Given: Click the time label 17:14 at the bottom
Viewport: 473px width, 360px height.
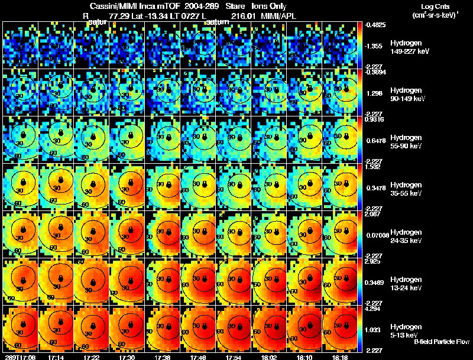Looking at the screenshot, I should pos(57,356).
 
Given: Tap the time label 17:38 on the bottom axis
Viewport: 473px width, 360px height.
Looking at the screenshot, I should pos(164,356).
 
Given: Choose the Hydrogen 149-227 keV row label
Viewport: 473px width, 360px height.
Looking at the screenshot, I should pos(409,47).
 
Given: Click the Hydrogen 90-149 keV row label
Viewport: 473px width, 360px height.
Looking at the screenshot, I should pos(408,95).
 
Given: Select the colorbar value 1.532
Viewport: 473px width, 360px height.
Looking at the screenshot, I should pos(371,167).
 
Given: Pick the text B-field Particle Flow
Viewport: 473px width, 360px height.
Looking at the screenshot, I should pos(442,342).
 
